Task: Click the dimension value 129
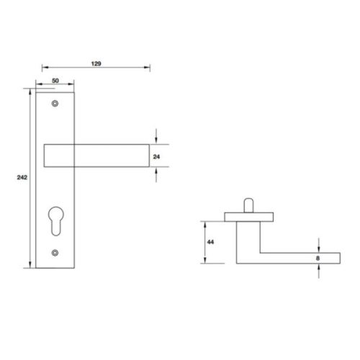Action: click(96, 63)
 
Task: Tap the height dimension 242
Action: click(22, 177)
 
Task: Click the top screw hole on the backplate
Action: click(55, 104)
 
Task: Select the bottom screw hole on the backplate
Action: click(55, 252)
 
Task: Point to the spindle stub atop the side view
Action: click(248, 203)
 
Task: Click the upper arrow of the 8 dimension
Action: click(318, 246)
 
